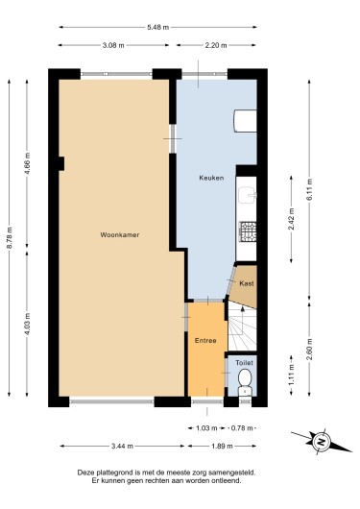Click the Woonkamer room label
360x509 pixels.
[119, 234]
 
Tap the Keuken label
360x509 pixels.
[211, 178]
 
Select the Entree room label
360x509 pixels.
[205, 341]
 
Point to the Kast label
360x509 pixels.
[247, 283]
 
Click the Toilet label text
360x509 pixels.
[244, 363]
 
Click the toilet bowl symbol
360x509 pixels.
[245, 383]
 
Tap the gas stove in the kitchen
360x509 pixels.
[248, 231]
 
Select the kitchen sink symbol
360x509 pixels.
[247, 195]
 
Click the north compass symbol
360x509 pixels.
[321, 442]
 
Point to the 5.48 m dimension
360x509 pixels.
[157, 27]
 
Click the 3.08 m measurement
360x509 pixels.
[113, 45]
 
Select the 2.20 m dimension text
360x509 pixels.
[216, 45]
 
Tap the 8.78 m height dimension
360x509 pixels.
[10, 238]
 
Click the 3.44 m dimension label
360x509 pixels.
[122, 446]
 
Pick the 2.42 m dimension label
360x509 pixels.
[291, 219]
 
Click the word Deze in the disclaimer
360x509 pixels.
[84, 473]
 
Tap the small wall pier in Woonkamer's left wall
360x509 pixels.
[61, 163]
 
